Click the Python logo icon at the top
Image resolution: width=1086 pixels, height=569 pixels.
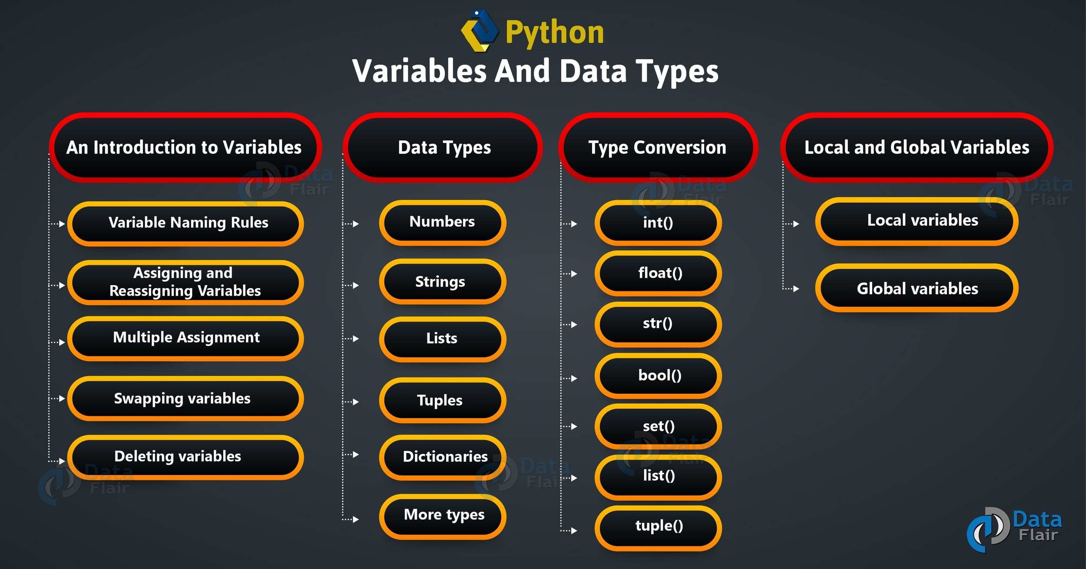(x=480, y=31)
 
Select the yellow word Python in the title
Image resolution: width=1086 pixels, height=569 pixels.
(x=555, y=33)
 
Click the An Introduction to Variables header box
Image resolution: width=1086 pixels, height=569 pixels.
(x=185, y=147)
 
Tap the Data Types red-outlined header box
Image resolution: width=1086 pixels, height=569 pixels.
(x=443, y=147)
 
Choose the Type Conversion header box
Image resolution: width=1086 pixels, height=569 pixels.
(x=658, y=147)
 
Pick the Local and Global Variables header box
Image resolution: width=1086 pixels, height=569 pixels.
(x=917, y=147)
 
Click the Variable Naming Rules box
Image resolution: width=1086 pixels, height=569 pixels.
(x=185, y=223)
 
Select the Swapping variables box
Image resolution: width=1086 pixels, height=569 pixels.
(x=185, y=398)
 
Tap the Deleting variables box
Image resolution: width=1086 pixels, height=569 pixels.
(x=185, y=457)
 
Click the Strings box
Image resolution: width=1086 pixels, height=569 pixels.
(x=443, y=281)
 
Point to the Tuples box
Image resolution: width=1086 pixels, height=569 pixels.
(x=443, y=400)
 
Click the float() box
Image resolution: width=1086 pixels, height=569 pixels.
(x=658, y=273)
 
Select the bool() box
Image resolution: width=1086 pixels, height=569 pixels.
(x=658, y=376)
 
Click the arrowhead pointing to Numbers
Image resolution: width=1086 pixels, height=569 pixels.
(x=356, y=224)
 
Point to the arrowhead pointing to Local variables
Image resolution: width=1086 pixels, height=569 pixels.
(x=796, y=224)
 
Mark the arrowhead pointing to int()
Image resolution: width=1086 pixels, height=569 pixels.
(x=574, y=224)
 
